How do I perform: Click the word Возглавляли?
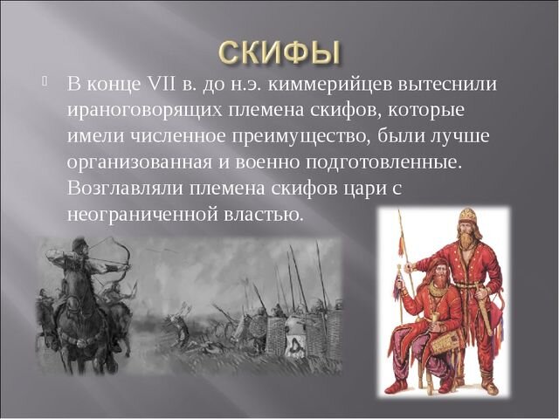122,189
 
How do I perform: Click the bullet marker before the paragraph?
45,83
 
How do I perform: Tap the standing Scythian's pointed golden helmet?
467,216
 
